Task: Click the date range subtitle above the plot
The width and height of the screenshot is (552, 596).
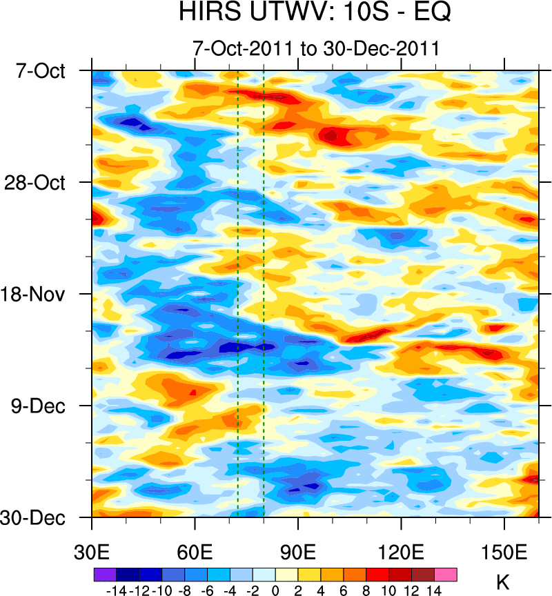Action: (316, 48)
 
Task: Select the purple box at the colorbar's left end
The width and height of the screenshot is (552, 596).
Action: (104, 574)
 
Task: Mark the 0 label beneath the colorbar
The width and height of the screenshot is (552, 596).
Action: (275, 590)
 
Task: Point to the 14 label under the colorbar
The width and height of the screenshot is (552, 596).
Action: (434, 590)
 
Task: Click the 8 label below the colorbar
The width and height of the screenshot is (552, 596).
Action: (366, 590)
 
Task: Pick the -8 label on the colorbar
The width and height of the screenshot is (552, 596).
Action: (184, 590)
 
